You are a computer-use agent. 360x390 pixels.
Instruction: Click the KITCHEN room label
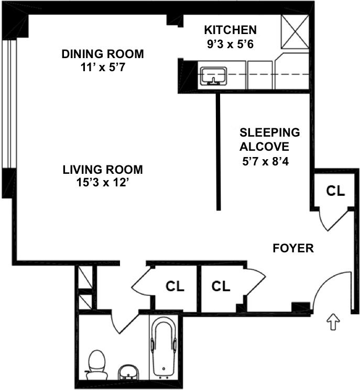click(x=230, y=30)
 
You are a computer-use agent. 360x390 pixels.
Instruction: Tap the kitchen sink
click(x=214, y=76)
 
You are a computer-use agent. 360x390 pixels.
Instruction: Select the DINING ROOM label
click(x=103, y=54)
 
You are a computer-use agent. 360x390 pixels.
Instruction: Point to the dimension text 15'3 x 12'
click(x=102, y=183)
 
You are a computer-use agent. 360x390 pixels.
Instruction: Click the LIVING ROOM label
click(x=103, y=170)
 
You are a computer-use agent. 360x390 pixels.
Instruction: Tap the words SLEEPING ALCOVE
click(x=269, y=140)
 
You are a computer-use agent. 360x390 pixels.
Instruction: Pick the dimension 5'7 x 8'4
click(x=265, y=162)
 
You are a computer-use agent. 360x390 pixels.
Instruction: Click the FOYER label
click(x=293, y=248)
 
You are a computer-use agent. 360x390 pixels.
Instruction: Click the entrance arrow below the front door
click(x=333, y=321)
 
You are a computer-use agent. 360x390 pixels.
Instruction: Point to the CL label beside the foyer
click(x=335, y=191)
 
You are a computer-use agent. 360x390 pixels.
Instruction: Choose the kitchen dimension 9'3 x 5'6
click(x=230, y=44)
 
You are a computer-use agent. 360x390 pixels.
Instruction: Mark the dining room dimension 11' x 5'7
click(x=103, y=67)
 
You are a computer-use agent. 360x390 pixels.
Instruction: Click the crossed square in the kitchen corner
click(x=295, y=31)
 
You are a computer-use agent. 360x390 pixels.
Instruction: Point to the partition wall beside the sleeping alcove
click(x=219, y=152)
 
